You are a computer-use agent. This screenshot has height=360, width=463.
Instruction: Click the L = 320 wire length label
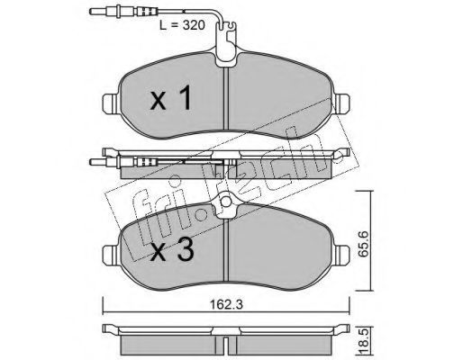tap(182, 25)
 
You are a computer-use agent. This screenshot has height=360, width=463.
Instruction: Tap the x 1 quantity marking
tap(170, 97)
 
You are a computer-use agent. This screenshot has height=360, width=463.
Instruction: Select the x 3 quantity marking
tap(172, 250)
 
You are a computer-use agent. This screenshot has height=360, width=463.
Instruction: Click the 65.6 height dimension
tap(363, 244)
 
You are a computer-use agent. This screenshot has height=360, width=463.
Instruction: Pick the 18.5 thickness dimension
tap(363, 343)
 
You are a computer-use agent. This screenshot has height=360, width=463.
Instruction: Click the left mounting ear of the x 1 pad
tap(110, 103)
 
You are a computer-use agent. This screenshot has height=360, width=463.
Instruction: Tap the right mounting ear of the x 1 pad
tap(342, 103)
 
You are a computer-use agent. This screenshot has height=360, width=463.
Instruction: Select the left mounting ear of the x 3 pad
tap(110, 255)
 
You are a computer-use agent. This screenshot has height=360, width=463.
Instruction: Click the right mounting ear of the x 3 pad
tap(342, 255)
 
